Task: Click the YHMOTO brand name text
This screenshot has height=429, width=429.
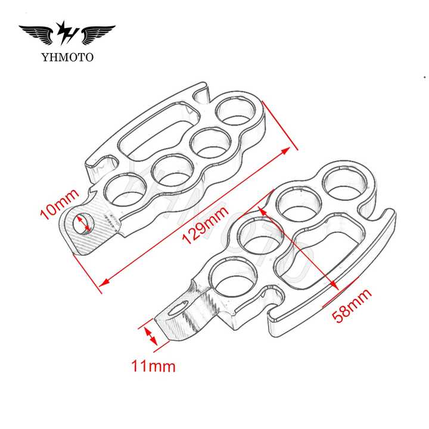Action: tap(67, 57)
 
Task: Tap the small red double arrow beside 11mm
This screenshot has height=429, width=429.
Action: tap(150, 334)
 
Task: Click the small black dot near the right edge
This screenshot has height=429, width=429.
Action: tap(424, 77)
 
